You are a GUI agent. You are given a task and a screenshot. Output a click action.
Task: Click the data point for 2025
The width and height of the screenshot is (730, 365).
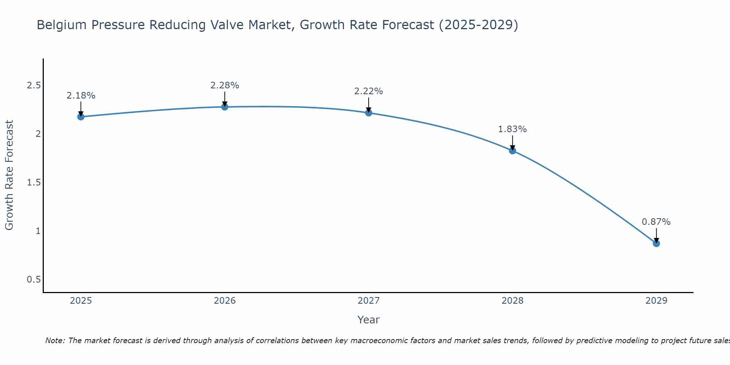point(81,117)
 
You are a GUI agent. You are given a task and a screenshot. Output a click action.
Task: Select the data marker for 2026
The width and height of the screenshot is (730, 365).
point(225,107)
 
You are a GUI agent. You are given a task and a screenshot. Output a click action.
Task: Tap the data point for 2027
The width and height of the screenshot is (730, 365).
point(369,113)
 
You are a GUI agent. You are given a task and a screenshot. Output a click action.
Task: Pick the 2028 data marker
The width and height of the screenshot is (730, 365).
point(512,151)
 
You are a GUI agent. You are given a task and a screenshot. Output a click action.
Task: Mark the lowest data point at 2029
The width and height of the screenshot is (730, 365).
point(656,243)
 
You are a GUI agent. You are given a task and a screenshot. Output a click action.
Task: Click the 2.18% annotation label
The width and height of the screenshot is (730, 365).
point(81,96)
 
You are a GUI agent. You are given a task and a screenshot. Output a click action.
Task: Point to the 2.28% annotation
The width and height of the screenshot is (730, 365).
point(225,85)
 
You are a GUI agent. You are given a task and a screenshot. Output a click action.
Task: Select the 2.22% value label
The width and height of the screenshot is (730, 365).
point(369,91)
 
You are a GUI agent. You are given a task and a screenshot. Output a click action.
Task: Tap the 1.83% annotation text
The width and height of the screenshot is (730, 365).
point(512,129)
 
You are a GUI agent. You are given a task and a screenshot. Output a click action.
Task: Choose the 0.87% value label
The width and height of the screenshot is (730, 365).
point(656,222)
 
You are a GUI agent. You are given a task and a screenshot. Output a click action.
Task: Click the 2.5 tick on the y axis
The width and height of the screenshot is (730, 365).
point(34,85)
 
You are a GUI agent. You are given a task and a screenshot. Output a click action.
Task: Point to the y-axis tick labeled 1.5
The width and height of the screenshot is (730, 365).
point(34,182)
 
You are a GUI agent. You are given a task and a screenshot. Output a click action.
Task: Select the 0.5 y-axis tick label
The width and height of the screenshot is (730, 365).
point(34,280)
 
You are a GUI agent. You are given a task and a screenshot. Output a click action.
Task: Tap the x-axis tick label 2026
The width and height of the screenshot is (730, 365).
point(225,301)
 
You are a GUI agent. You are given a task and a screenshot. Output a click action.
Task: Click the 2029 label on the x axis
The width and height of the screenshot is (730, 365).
point(656,301)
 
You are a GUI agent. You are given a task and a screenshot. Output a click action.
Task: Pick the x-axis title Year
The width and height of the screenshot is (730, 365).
point(369,320)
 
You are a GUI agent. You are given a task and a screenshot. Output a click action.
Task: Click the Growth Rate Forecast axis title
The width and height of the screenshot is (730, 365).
point(9,175)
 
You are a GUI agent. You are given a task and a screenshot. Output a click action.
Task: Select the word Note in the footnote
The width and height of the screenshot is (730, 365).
point(54,341)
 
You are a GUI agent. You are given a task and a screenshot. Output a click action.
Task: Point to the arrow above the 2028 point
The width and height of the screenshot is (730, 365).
point(512,142)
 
